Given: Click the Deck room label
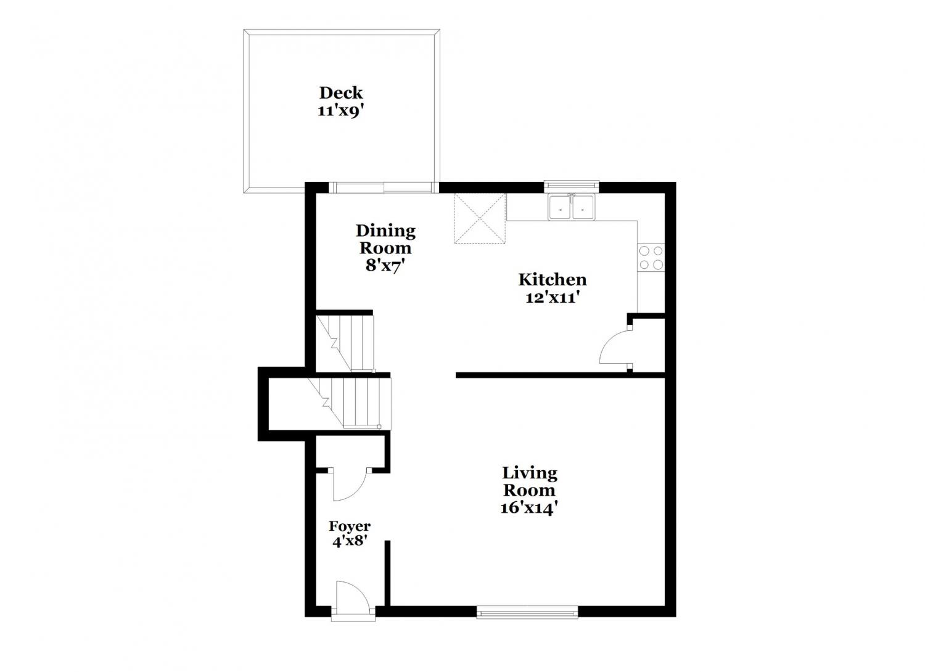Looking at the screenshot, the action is tap(341, 93).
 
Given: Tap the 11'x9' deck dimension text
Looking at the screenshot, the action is tap(341, 111).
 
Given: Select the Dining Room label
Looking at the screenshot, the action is tap(385, 239).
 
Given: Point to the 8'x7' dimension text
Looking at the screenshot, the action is tap(384, 266).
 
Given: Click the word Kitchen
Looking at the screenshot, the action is tap(553, 279).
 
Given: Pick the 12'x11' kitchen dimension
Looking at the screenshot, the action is tap(551, 297).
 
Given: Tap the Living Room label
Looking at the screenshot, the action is tap(530, 481).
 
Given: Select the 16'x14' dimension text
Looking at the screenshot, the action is tap(530, 507).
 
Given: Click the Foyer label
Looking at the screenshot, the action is tap(350, 527).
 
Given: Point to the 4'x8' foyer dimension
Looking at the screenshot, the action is tap(350, 541).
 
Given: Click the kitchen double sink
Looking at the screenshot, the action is tap(572, 207).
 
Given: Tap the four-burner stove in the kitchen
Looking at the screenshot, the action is tap(651, 257).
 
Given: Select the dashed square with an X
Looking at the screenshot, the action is tap(480, 218).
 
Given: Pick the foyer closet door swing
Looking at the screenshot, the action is tap(350, 485).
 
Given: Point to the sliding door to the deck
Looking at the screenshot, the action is tap(384, 187).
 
